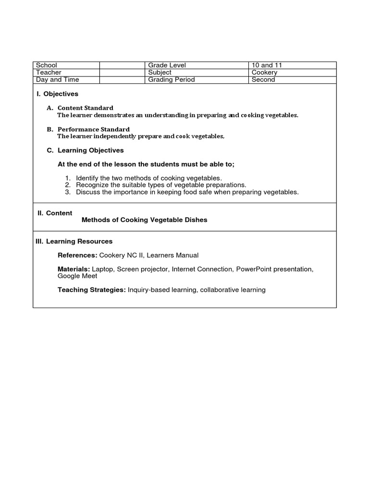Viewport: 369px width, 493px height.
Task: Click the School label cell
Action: coord(47,65)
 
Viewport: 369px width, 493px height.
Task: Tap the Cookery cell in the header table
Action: coord(264,72)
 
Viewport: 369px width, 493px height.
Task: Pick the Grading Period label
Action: coord(171,79)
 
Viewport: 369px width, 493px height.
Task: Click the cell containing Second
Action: coord(263,79)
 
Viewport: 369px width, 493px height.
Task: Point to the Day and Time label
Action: coord(58,79)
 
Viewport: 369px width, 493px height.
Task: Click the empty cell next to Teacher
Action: coord(122,72)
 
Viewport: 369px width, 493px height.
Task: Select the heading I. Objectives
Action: coord(57,94)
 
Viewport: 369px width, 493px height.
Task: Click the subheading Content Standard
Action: coord(86,108)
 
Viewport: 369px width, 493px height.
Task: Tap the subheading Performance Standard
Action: coord(94,129)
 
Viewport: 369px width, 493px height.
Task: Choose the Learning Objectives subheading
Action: coord(90,150)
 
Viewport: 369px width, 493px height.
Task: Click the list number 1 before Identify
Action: coord(68,178)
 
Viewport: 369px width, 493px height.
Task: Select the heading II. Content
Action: coord(55,213)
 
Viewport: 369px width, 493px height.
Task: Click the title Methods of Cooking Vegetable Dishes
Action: coord(145,220)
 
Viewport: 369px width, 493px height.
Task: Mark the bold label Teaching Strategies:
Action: coord(92,290)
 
